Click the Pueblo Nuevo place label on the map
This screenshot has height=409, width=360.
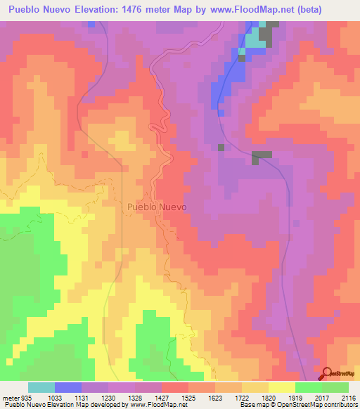(x=157, y=207)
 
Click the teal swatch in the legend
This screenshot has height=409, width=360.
(x=41, y=387)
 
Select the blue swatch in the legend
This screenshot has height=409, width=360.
(x=68, y=387)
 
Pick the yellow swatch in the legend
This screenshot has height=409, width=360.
(x=282, y=387)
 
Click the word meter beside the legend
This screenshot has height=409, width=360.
(x=10, y=397)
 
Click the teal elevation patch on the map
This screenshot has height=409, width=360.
(x=254, y=41)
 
